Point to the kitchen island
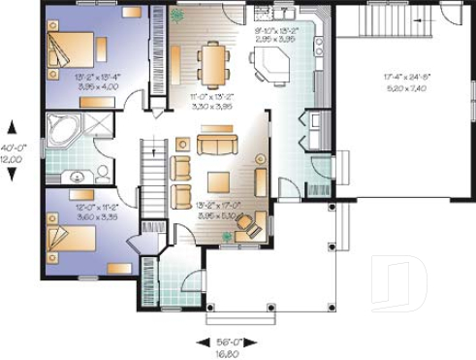pos(270,66)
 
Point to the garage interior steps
pos(380,16)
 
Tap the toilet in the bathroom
pos(103,173)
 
